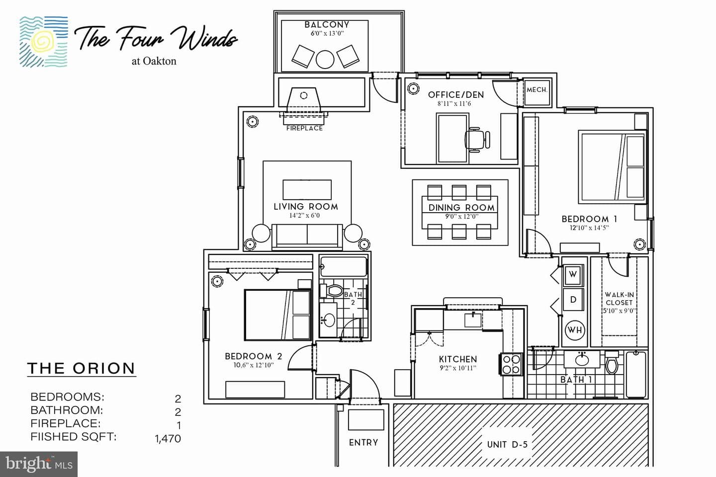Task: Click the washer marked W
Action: pos(573,274)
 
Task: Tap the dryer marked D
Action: pos(573,300)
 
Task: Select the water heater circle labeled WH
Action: pos(575,330)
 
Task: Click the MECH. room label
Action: pos(537,90)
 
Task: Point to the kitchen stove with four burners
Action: pos(511,364)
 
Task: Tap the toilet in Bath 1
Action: pos(612,362)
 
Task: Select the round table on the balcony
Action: pos(325,60)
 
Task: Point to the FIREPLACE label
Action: pos(304,128)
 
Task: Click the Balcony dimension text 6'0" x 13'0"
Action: pos(327,34)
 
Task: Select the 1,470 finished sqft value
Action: pos(168,439)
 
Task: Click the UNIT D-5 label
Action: pos(507,444)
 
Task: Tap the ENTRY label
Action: pos(363,443)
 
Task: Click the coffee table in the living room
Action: pos(307,190)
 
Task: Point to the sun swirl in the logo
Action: pos(44,41)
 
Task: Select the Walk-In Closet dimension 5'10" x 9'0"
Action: pos(619,311)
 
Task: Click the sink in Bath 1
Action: pos(582,360)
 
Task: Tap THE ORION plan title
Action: pos(81,368)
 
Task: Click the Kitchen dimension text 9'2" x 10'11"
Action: pos(458,368)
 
